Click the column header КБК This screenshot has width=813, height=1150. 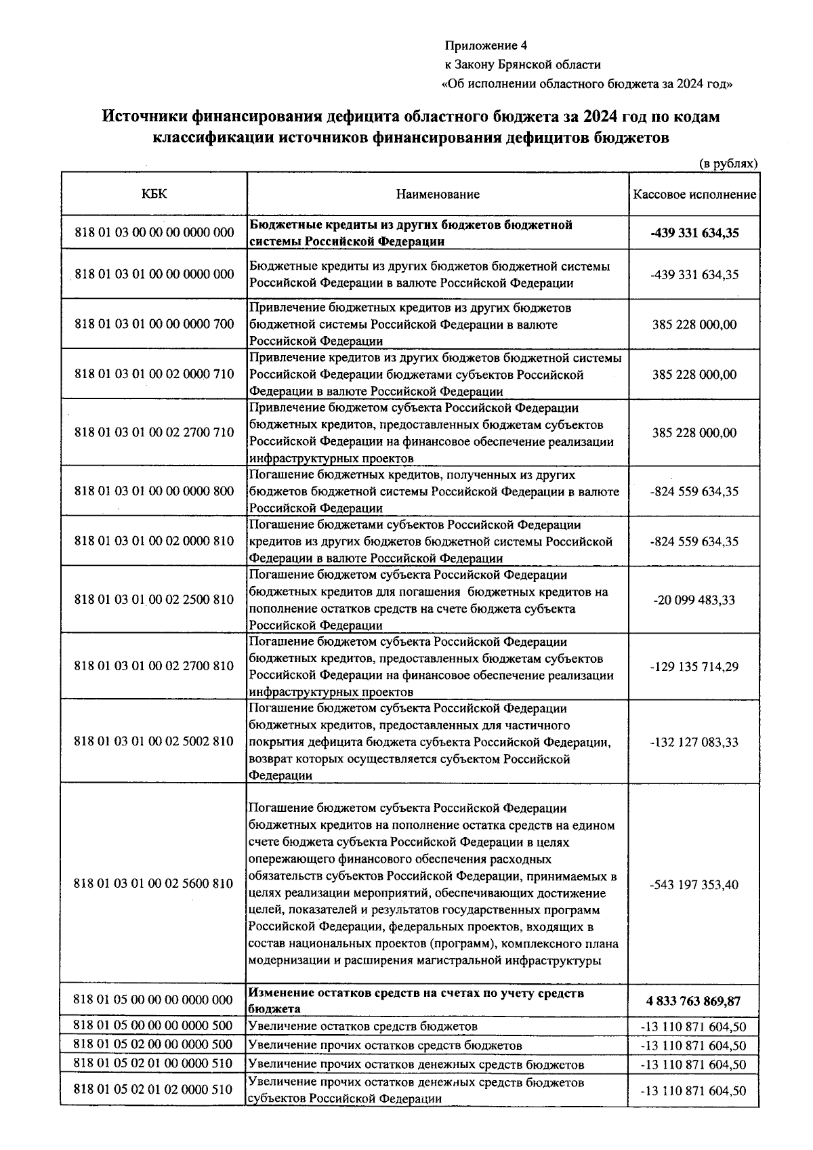pyautogui.click(x=154, y=194)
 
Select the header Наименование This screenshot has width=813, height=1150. pyautogui.click(x=438, y=194)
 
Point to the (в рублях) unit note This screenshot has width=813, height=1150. pyautogui.click(x=728, y=163)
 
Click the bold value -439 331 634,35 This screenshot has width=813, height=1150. pyautogui.click(x=694, y=233)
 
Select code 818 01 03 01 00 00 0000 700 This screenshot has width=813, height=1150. pyautogui.click(x=154, y=324)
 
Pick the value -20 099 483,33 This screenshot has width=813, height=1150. pyautogui.click(x=694, y=600)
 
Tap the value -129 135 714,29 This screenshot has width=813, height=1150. pyautogui.click(x=694, y=667)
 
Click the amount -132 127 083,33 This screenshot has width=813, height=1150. pyautogui.click(x=694, y=742)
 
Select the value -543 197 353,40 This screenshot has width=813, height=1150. pyautogui.click(x=694, y=885)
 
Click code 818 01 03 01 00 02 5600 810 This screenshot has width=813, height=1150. pyautogui.click(x=154, y=884)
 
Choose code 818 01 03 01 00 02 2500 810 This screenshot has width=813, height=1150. pyautogui.click(x=154, y=600)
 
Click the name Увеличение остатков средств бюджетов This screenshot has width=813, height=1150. pyautogui.click(x=363, y=1026)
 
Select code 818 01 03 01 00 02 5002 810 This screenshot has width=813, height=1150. pyautogui.click(x=154, y=741)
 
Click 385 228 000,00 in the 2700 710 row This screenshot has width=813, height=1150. pyautogui.click(x=694, y=433)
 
